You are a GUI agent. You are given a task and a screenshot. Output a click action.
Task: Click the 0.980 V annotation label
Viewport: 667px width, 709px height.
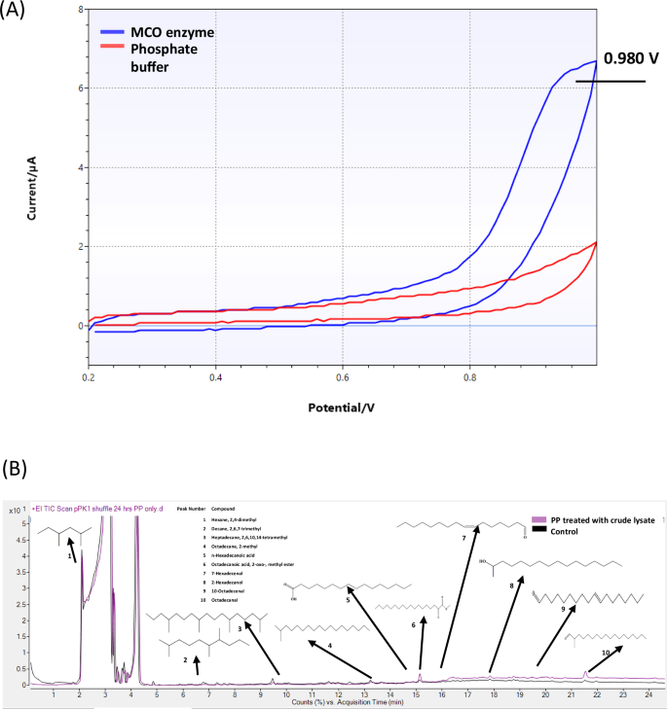(631, 58)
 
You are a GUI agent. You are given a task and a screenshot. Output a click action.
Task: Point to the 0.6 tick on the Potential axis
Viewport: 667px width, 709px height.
(343, 375)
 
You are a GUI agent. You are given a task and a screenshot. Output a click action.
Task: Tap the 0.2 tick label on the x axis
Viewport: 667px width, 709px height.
(90, 375)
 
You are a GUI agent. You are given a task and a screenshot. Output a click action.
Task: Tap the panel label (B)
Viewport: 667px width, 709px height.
(23, 467)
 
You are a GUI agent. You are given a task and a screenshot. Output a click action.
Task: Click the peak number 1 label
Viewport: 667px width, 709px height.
(70, 556)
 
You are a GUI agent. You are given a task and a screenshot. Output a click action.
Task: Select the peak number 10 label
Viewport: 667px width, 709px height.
(606, 653)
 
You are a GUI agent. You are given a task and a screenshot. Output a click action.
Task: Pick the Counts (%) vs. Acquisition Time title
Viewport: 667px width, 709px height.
(339, 702)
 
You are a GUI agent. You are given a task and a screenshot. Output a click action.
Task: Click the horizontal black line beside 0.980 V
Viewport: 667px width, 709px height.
(610, 81)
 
